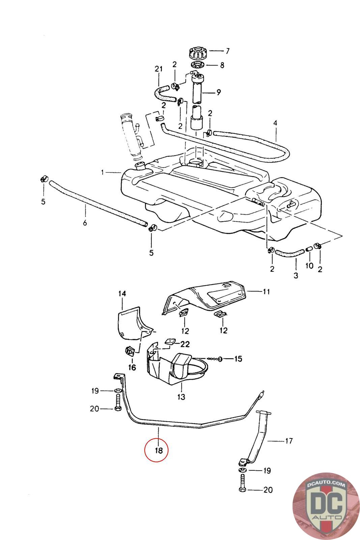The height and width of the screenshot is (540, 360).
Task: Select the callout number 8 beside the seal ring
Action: tap(222, 65)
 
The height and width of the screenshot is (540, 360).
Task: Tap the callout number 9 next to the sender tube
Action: tap(219, 92)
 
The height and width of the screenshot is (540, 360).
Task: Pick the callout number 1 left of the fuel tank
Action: tap(103, 172)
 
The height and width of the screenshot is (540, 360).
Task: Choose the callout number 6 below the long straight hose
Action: tap(85, 223)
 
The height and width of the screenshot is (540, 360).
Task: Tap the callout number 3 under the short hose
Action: tap(296, 275)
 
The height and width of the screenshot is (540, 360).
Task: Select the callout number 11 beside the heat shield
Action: tap(266, 292)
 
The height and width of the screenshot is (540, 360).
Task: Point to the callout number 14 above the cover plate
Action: tap(122, 293)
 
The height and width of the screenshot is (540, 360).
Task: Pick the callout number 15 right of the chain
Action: tap(238, 359)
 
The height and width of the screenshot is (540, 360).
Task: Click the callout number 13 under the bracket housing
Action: tap(181, 397)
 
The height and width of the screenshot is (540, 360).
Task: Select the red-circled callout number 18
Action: tap(159, 450)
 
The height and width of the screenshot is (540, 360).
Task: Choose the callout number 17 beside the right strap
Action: tap(289, 441)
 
